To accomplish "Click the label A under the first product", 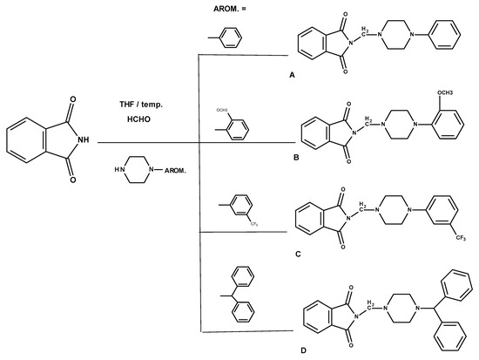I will [293, 77].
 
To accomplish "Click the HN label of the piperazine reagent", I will [122, 165].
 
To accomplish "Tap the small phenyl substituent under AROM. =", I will [228, 40].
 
